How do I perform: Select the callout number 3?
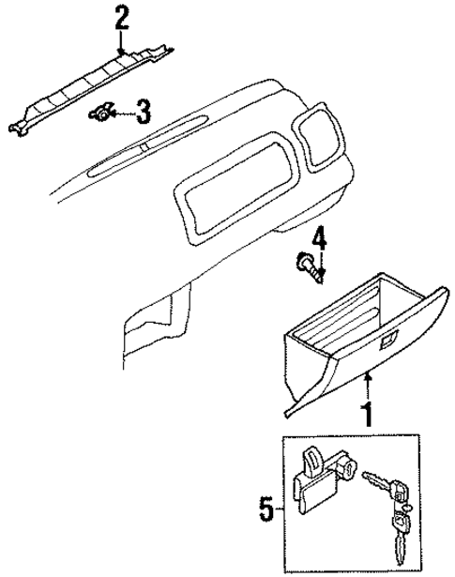pyautogui.click(x=142, y=114)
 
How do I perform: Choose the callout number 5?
pyautogui.click(x=265, y=512)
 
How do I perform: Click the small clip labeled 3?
pyautogui.click(x=100, y=114)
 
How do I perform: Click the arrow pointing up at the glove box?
pyautogui.click(x=368, y=385)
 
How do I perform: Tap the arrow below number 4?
pyautogui.click(x=320, y=266)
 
